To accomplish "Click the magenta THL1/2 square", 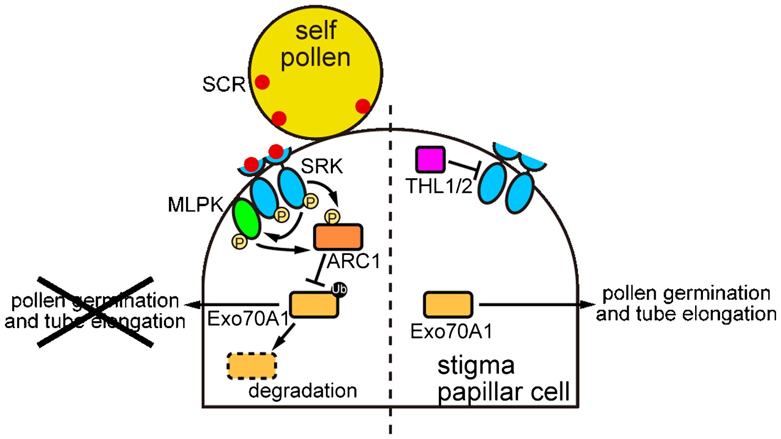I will (430, 159).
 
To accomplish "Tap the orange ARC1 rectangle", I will (338, 237).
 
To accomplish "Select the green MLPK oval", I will (247, 219).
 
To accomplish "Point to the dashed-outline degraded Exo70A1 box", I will (252, 366).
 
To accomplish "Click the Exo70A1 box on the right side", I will (448, 305).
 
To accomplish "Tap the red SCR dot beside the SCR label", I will (262, 82).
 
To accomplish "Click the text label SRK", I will (322, 167).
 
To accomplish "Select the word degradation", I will (303, 391).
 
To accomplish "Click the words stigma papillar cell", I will (503, 379).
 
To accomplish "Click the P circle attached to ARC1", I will (332, 217).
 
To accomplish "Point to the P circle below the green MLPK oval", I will (239, 241).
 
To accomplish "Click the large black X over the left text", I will (96, 312).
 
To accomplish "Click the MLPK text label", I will (195, 205).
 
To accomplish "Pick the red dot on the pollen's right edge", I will (363, 106).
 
